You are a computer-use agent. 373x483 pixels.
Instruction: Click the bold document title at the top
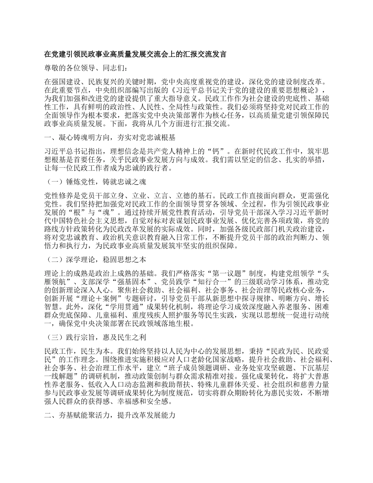tap(135, 55)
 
